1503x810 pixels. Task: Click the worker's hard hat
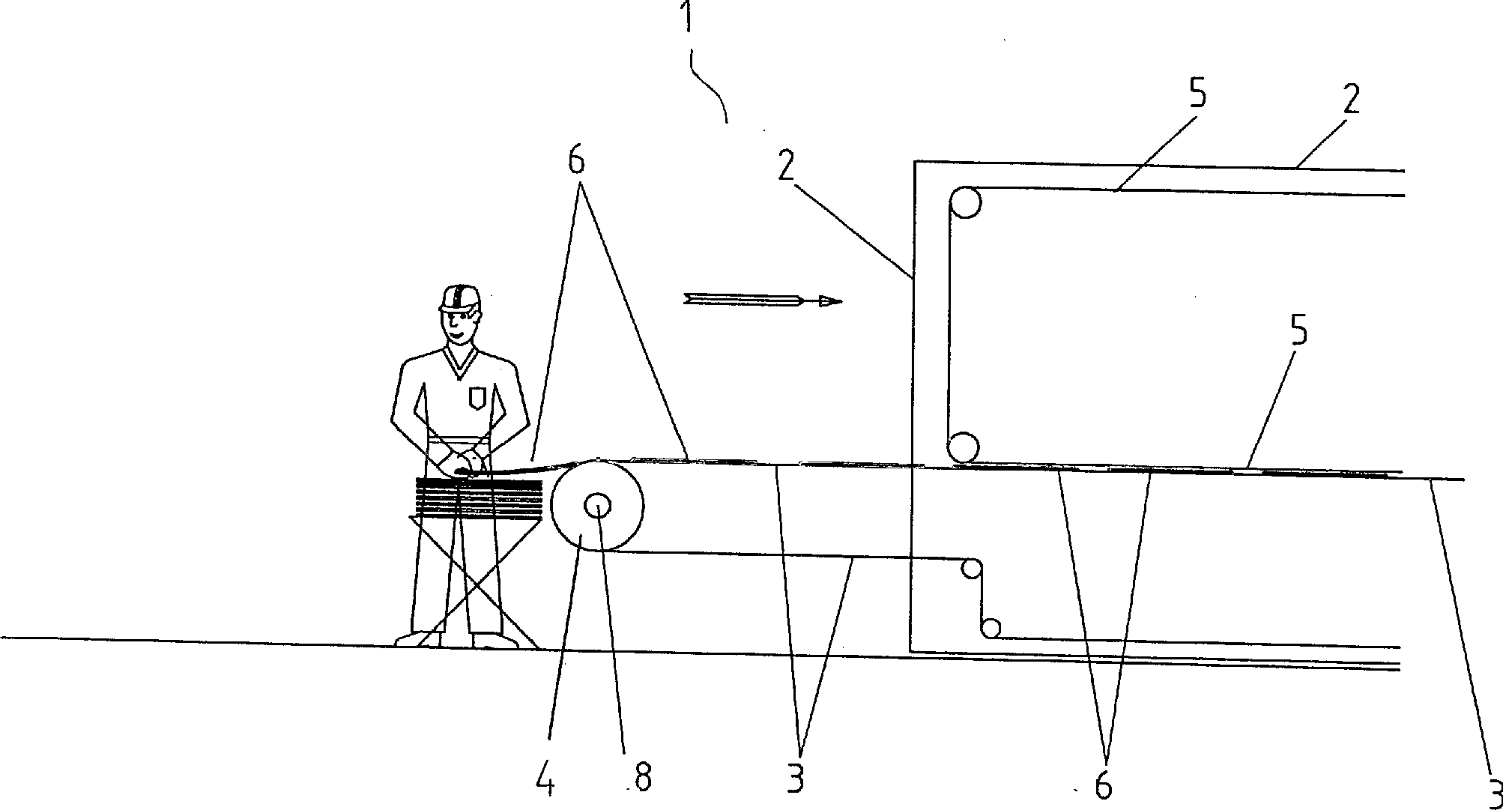[x=459, y=298]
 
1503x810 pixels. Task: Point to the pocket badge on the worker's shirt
[x=476, y=397]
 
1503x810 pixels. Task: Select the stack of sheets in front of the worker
[x=478, y=495]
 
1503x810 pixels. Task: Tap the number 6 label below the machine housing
[x=1103, y=785]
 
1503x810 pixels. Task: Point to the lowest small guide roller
[x=992, y=628]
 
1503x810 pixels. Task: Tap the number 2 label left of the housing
[x=785, y=167]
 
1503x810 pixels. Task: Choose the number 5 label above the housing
[x=1198, y=97]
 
